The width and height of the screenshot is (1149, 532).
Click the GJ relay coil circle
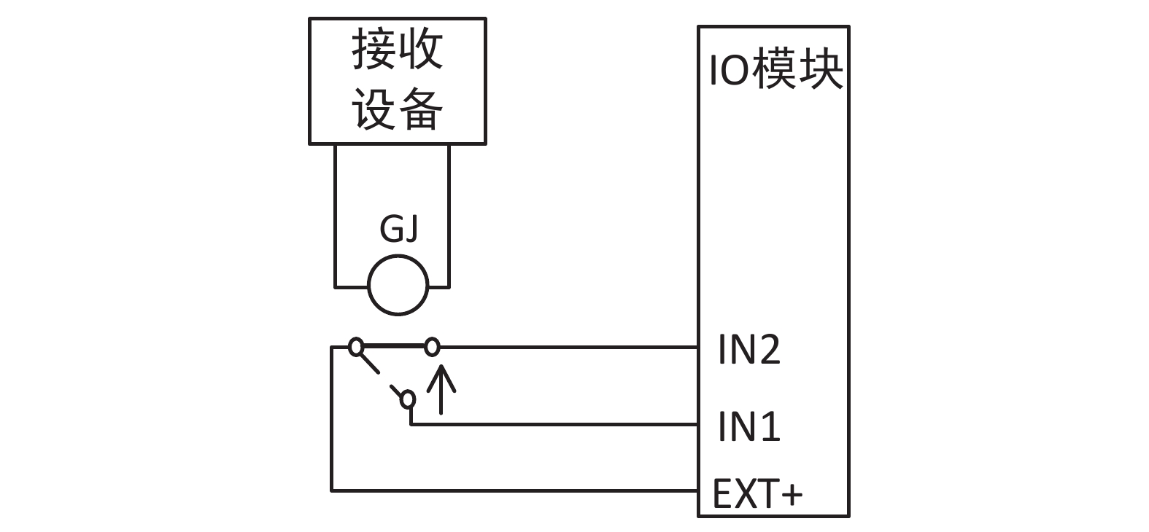coord(398,286)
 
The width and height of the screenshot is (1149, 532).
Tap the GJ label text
coord(399,229)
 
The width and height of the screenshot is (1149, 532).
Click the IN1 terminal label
coord(749,426)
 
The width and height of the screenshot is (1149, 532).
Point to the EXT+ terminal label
coord(757,494)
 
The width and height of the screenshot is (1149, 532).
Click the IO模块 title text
coord(776,71)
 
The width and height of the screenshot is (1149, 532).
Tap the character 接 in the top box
coord(374,50)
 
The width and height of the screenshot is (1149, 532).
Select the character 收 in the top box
coord(421,50)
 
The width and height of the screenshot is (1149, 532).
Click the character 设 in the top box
coord(374,109)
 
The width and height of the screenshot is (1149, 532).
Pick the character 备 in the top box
coord(421,109)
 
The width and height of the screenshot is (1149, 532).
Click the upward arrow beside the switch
coord(441,389)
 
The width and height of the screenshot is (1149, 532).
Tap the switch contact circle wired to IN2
coord(433,347)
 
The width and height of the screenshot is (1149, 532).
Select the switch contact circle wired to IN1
coord(408,399)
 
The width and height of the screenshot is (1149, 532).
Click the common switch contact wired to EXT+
coord(355,347)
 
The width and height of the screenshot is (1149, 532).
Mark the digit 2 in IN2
coord(769,350)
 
